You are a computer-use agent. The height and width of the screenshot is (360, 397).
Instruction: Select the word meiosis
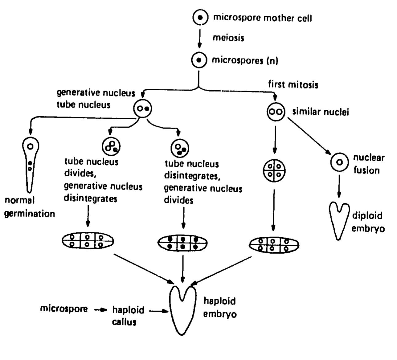click(x=228, y=38)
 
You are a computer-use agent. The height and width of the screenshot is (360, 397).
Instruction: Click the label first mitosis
click(x=293, y=84)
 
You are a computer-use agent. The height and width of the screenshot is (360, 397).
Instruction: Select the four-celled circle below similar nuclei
click(x=274, y=170)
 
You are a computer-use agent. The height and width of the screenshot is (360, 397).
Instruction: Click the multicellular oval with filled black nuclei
click(x=182, y=243)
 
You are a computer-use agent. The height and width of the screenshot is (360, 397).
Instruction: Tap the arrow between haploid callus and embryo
click(x=159, y=311)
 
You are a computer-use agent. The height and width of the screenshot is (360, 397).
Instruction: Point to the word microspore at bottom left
click(x=64, y=309)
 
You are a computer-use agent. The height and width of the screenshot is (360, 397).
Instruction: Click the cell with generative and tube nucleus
click(x=143, y=108)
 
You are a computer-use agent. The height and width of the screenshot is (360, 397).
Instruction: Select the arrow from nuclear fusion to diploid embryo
click(x=339, y=186)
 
